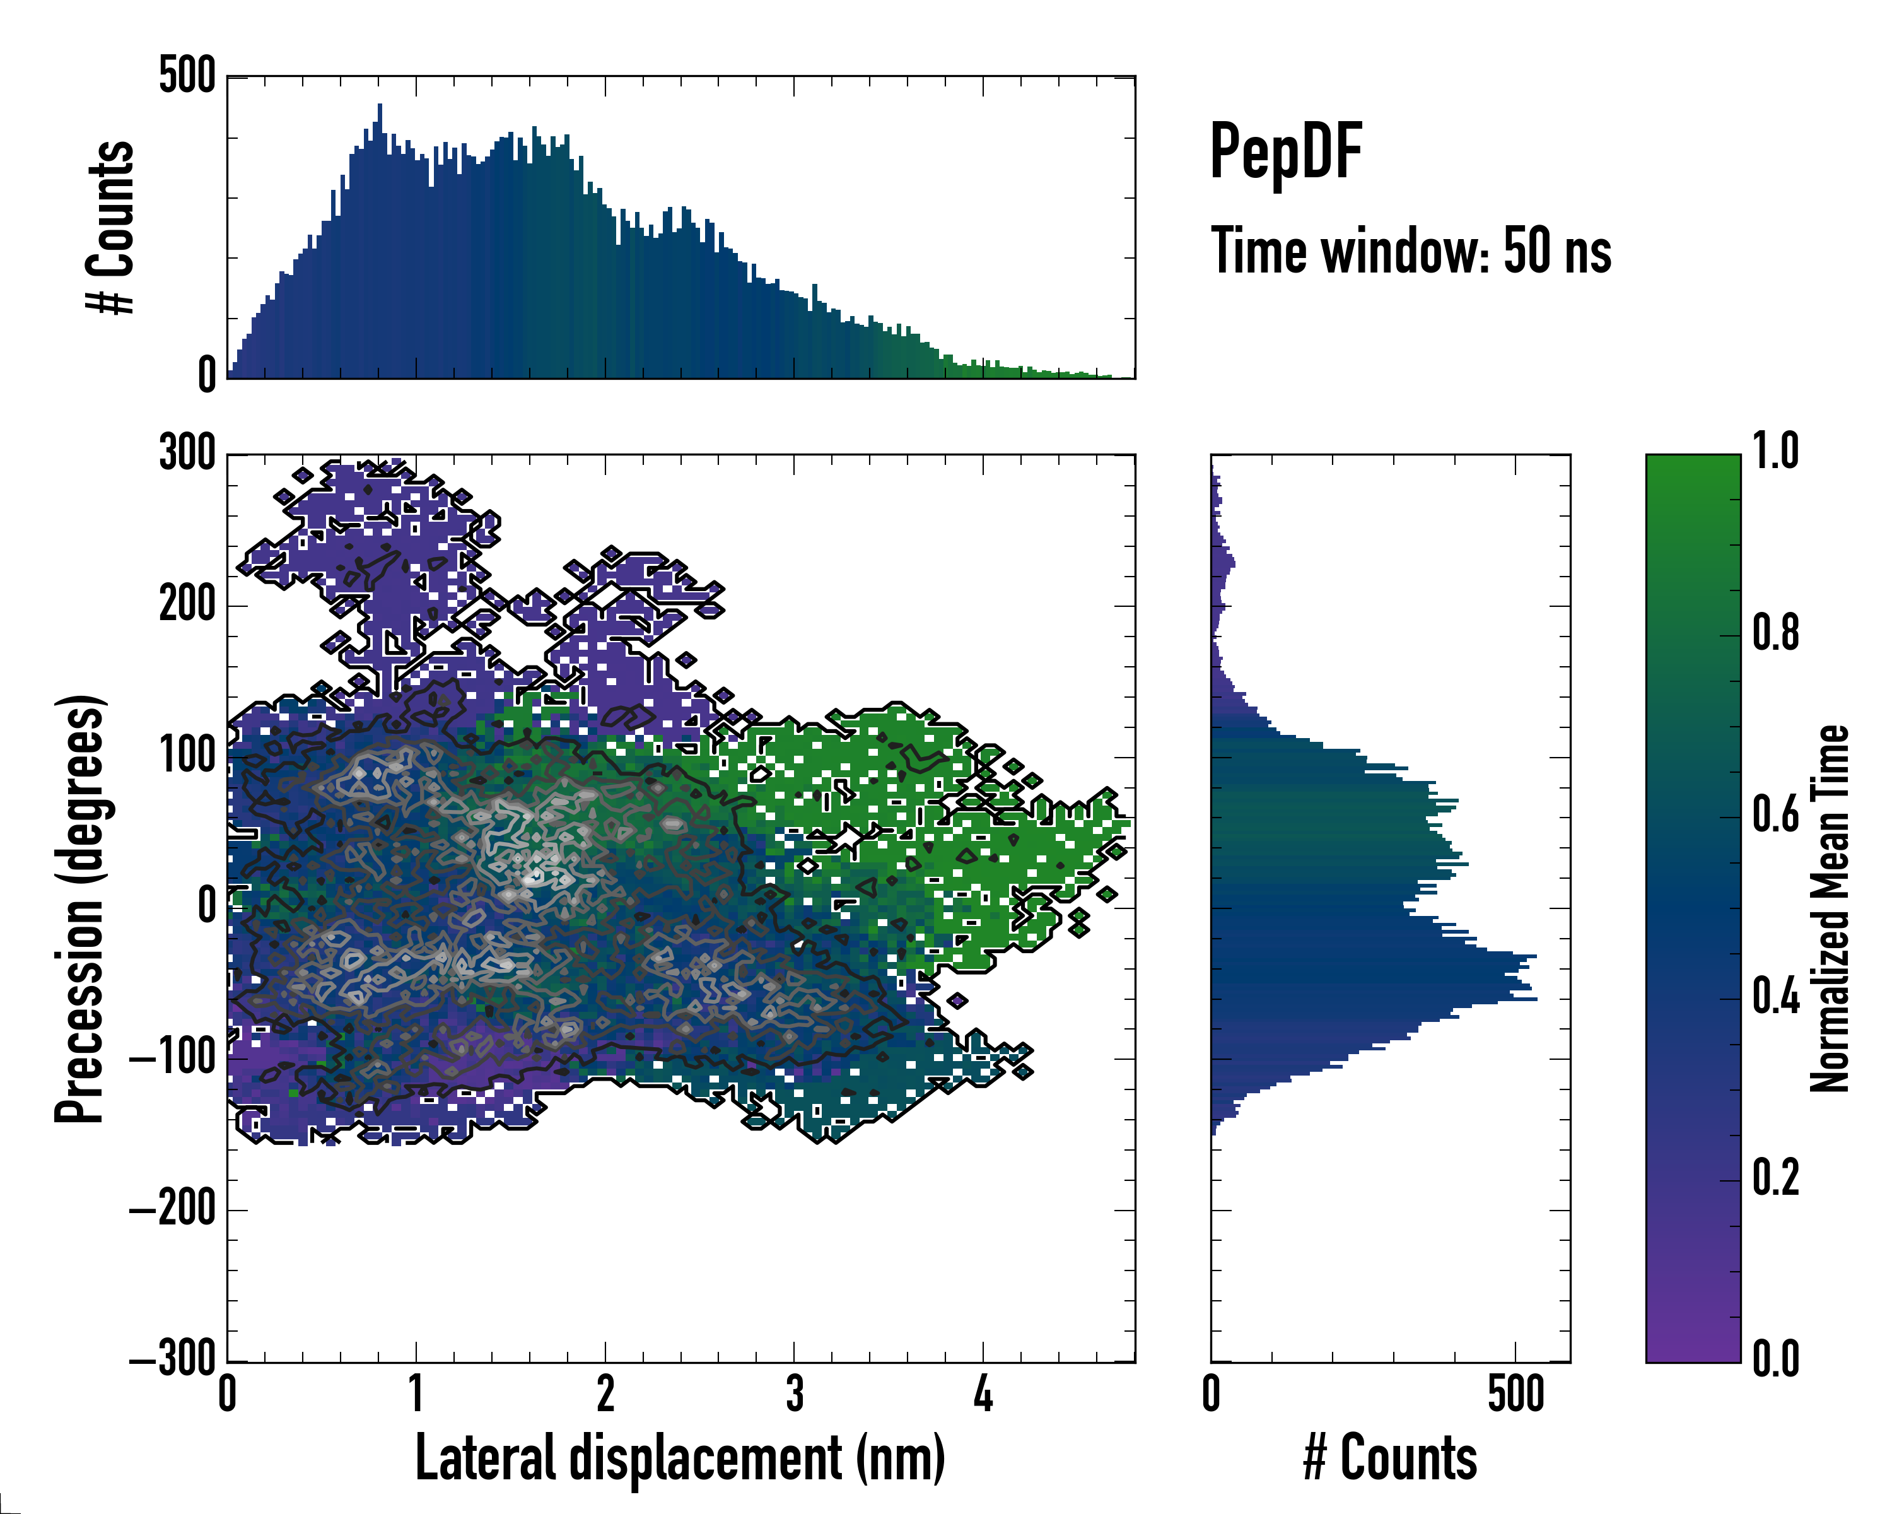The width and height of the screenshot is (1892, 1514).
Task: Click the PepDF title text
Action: (x=1285, y=153)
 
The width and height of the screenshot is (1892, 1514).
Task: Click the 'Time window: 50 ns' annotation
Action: (x=1410, y=251)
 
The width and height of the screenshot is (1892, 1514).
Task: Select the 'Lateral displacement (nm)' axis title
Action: (x=679, y=1458)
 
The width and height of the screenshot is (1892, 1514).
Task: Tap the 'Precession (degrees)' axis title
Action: (x=81, y=908)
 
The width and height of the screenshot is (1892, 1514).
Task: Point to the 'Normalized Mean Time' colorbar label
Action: (x=1830, y=908)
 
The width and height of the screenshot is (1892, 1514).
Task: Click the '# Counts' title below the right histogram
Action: (x=1390, y=1458)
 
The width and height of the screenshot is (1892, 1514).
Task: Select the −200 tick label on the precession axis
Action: (x=173, y=1211)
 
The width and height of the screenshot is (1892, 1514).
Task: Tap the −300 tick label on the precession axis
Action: (x=173, y=1361)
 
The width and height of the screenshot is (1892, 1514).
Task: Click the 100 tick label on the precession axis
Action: (x=187, y=756)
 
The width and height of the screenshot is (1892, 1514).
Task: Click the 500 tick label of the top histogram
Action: (x=187, y=76)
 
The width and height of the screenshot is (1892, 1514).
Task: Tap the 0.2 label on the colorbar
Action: (x=1775, y=1178)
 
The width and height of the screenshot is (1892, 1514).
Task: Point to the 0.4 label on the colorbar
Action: (x=1775, y=997)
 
